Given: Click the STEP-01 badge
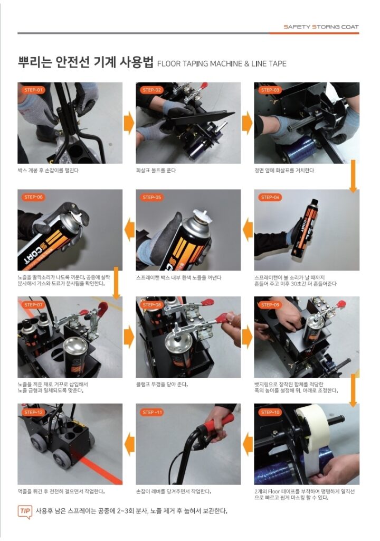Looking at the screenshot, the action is pos(33,90).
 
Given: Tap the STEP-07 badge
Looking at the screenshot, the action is pos(33,305).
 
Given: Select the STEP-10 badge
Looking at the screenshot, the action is pos(270,412).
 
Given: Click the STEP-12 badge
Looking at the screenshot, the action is pos(33,412).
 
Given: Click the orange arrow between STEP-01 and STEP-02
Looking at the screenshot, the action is pos(129,123).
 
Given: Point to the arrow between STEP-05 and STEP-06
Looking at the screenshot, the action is pos(129,230).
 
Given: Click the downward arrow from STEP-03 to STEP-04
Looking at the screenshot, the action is pos(353,176).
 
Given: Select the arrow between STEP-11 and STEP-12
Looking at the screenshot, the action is pos(129,445).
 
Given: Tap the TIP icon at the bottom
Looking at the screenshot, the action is pos(25,511).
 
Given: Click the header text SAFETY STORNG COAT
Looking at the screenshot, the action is pos(321,26).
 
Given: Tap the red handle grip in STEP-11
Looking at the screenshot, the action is pos(220,424).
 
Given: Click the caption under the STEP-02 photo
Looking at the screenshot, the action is pos(156,170).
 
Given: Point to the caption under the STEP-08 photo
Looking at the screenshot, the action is pos(161,385).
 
